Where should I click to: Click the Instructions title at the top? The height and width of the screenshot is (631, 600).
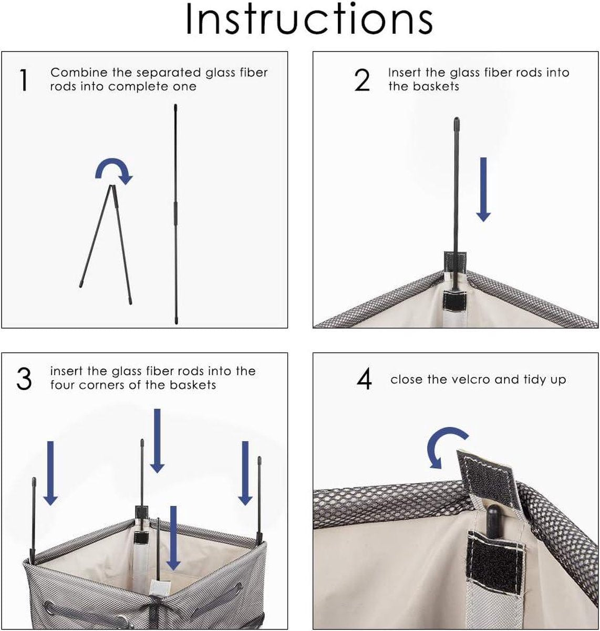(309, 19)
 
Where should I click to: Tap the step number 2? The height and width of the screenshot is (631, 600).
(363, 80)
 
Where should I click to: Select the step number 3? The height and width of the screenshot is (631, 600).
(24, 379)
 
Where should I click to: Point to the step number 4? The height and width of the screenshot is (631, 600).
(364, 379)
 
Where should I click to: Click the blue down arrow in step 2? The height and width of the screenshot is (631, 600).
(483, 189)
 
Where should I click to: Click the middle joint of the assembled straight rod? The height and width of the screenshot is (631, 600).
(175, 213)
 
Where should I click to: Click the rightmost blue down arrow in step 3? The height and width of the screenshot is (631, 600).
(245, 473)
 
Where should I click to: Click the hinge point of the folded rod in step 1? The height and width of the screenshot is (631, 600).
(112, 186)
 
